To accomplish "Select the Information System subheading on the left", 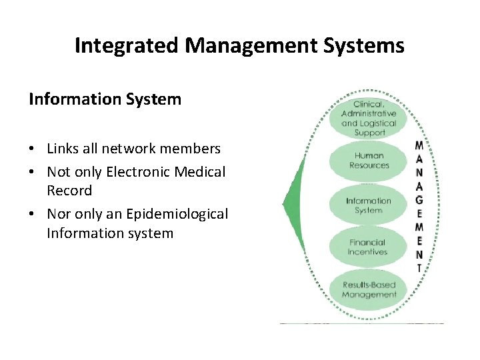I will coord(105,100).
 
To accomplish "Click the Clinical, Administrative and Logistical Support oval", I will coord(369,119).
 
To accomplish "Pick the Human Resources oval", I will coord(369,161).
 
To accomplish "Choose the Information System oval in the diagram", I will coord(369,205).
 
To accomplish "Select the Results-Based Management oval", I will coord(369,290).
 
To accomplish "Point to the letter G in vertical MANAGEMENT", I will coord(419,200).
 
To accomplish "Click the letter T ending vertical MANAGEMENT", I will coord(419,268).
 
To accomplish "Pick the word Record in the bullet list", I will coord(69,191).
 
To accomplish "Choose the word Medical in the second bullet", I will coord(201,172).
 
